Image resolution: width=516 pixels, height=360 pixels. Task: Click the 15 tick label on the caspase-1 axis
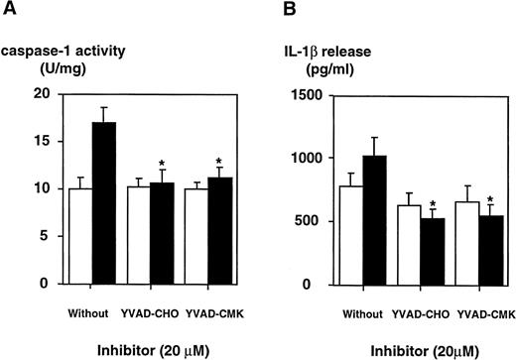[x=40, y=141]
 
